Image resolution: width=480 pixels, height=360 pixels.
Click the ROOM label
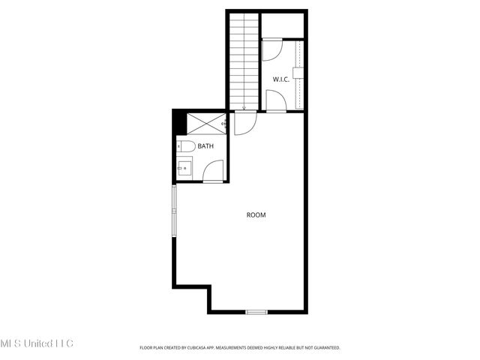click(x=256, y=215)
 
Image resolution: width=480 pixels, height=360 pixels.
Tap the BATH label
click(x=205, y=146)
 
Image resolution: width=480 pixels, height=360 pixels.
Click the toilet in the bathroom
click(x=187, y=145)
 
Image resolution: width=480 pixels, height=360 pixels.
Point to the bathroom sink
click(x=184, y=169)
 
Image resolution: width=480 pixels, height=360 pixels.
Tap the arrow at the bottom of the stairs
click(x=244, y=106)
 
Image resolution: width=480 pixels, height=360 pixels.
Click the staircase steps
click(x=243, y=60)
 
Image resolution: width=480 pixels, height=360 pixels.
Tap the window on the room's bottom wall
click(x=256, y=311)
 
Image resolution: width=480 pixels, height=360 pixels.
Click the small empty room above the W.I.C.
click(x=283, y=25)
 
